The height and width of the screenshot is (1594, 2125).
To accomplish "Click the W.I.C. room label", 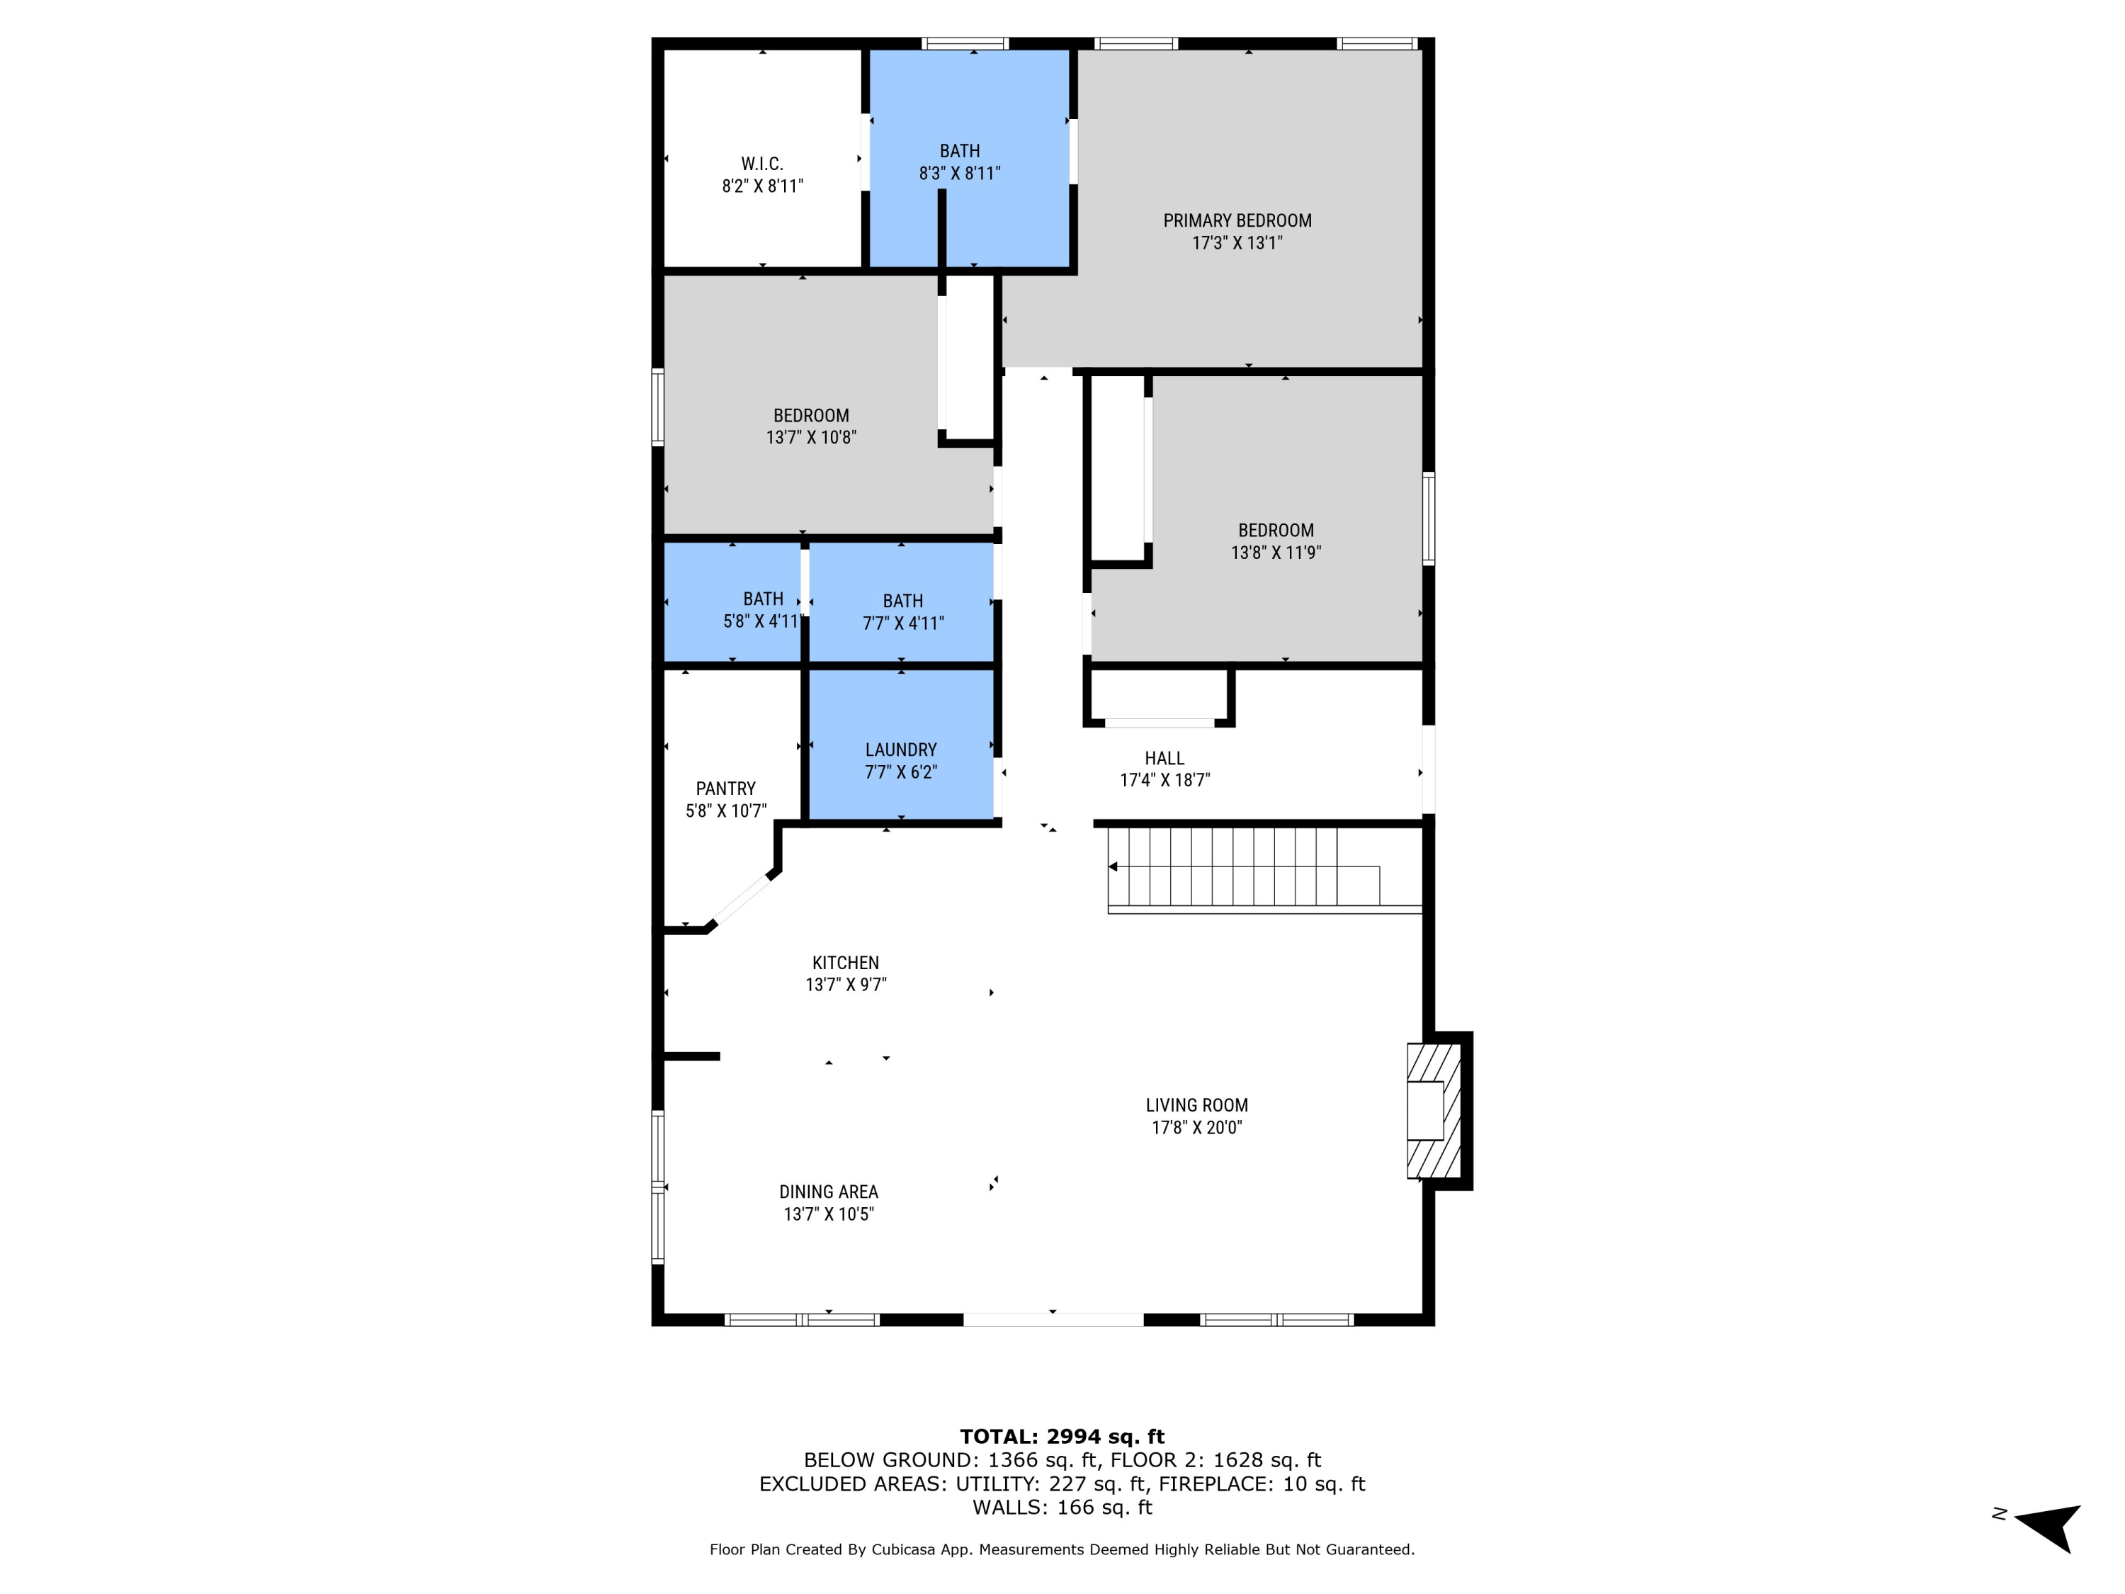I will [761, 164].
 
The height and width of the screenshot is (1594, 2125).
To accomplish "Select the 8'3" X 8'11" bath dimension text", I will [959, 174].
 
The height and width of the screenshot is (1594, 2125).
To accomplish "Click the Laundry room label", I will [900, 750].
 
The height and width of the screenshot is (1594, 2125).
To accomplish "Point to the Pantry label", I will [725, 788].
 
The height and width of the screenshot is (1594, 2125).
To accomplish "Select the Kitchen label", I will [845, 963].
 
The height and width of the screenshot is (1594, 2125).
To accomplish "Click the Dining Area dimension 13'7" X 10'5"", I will [828, 1214].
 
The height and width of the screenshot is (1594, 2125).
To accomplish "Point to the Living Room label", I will [1196, 1105].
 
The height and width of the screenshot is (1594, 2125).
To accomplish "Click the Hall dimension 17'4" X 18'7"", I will [1164, 780].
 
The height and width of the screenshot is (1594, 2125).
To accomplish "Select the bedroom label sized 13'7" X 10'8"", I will [811, 416].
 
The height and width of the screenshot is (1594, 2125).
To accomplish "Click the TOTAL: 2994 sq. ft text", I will [1062, 1437].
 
